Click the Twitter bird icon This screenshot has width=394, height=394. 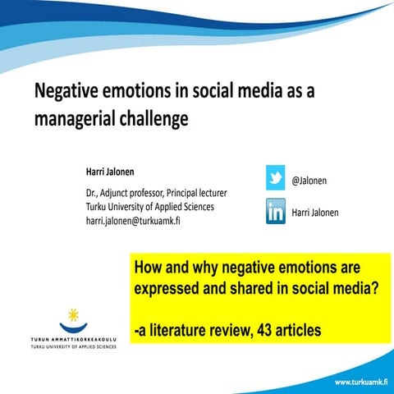point(275,177)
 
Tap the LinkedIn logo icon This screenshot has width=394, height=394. point(275,212)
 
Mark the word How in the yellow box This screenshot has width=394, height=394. point(149,269)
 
